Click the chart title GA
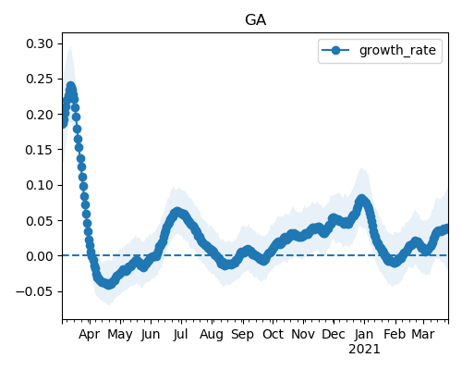click(255, 20)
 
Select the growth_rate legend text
click(397, 50)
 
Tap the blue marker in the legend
click(335, 50)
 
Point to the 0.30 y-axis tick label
click(40, 43)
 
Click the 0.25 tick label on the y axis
click(40, 79)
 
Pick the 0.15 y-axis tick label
click(40, 150)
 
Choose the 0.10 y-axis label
click(40, 185)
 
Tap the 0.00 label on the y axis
click(40, 256)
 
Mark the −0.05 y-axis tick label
click(35, 291)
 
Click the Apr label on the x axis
click(90, 335)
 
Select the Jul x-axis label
click(180, 334)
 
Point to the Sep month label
click(243, 335)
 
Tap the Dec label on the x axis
click(334, 334)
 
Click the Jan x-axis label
click(364, 334)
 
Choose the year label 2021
click(364, 350)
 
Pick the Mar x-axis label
click(423, 334)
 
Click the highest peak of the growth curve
click(71, 86)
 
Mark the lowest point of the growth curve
click(109, 285)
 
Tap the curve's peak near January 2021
click(361, 199)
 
